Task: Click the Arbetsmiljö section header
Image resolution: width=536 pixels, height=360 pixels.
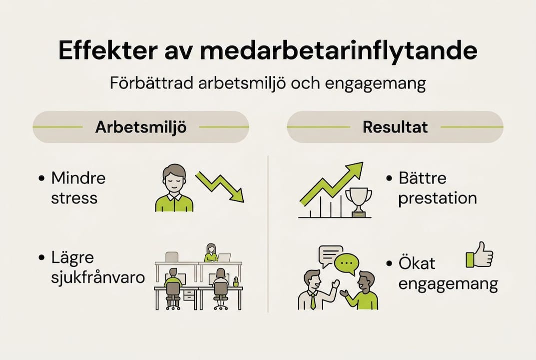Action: click(x=140, y=127)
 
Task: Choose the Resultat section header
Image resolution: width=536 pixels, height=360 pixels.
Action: click(x=395, y=127)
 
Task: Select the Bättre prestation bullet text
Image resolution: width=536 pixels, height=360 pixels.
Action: click(x=438, y=188)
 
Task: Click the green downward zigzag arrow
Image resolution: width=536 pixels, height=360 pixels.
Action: click(x=220, y=185)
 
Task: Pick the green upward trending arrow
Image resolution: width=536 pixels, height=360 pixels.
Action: click(x=332, y=183)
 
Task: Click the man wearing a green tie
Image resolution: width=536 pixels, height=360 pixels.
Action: click(x=313, y=290)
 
